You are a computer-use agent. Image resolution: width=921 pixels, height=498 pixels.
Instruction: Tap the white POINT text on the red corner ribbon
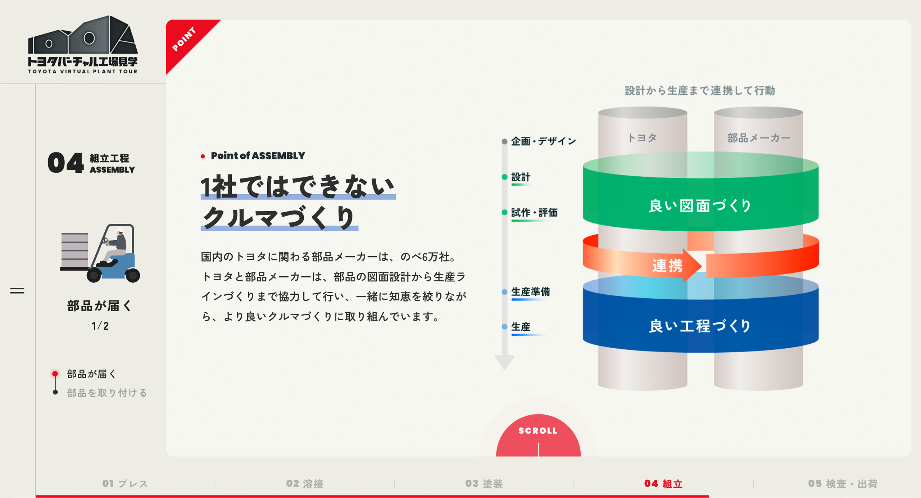(184, 39)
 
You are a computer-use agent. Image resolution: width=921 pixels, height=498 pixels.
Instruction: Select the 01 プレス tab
(125, 484)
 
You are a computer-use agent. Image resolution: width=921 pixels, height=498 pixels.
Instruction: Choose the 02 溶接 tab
(305, 484)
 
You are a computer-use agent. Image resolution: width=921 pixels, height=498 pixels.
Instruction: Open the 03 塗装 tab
(484, 484)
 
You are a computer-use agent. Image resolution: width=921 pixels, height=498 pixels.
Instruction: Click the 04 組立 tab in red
(663, 484)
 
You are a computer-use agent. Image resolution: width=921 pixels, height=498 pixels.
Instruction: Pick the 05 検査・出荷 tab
(843, 484)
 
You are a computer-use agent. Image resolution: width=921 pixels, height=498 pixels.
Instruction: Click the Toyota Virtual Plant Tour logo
(83, 45)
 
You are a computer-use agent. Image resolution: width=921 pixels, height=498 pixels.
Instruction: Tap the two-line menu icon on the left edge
(17, 290)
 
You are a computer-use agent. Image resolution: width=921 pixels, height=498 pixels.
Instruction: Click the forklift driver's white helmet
(120, 230)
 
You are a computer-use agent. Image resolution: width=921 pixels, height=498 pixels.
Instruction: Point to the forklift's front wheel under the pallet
(94, 275)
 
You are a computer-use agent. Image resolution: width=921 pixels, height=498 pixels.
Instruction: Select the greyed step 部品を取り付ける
(107, 393)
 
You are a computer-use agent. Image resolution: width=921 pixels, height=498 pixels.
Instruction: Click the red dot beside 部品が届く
(55, 374)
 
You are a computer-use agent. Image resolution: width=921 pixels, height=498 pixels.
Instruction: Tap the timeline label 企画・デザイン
(543, 141)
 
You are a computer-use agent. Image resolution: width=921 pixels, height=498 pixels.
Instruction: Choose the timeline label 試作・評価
(534, 213)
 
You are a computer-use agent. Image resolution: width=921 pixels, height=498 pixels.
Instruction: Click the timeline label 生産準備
(531, 291)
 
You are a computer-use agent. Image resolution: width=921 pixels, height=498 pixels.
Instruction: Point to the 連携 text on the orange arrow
(668, 266)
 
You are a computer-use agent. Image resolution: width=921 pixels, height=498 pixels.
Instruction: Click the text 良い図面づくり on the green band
(700, 205)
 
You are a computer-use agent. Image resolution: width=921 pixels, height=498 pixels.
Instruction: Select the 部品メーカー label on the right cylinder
(759, 138)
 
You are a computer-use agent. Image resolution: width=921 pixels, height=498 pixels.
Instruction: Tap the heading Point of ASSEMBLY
(258, 156)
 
